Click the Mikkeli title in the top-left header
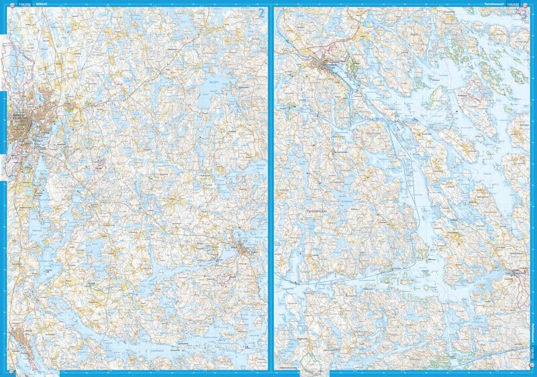click(x=32, y=4)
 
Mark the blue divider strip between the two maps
click(x=271, y=188)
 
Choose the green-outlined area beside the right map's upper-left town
click(x=352, y=65)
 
